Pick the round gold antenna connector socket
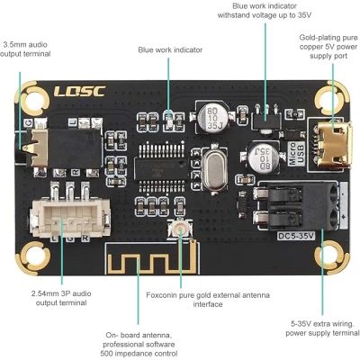tap(183, 229)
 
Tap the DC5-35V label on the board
tap(295, 237)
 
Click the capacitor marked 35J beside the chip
tap(213, 116)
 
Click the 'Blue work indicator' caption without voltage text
tap(170, 49)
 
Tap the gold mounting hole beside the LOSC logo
tap(37, 94)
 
